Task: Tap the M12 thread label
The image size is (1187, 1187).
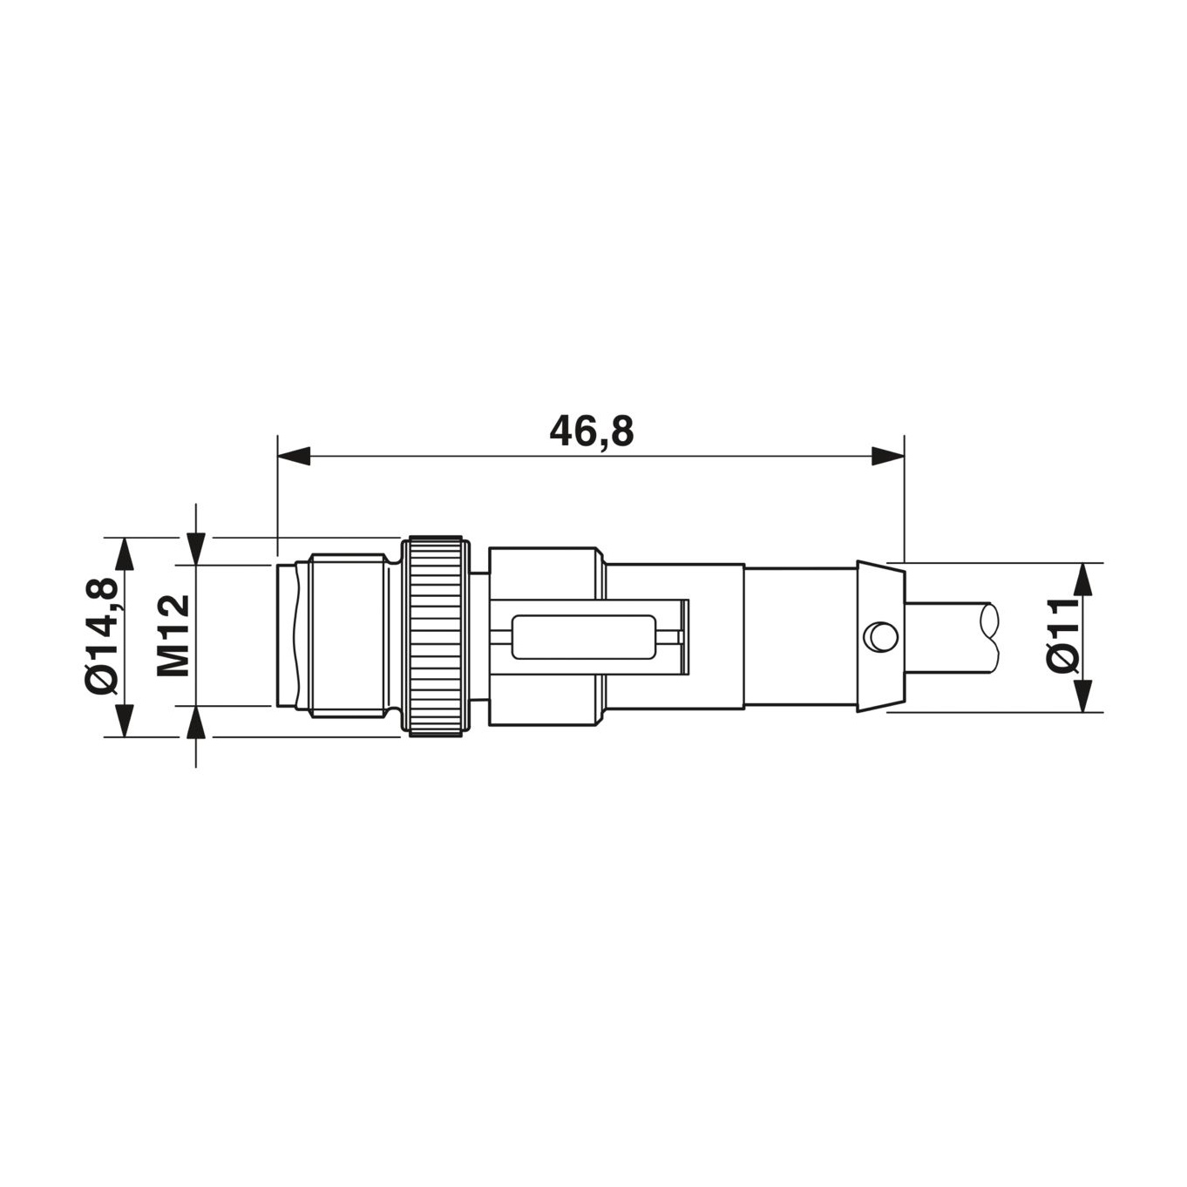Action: click(x=173, y=635)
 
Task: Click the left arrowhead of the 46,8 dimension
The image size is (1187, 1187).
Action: click(x=293, y=457)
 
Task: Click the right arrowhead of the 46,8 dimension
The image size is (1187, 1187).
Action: click(x=887, y=457)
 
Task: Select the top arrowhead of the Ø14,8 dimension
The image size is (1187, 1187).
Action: click(x=125, y=553)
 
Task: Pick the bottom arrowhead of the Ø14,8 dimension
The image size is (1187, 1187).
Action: click(x=125, y=721)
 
